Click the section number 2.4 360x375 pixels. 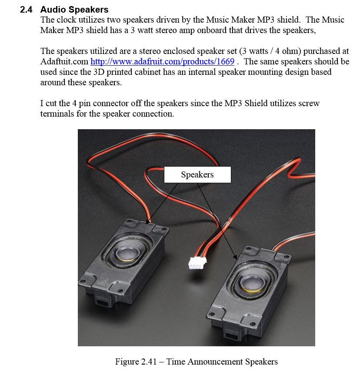(26, 10)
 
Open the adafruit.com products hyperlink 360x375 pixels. (162, 61)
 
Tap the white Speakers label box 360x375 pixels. (197, 174)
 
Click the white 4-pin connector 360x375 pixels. (197, 263)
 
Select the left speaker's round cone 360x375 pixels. (127, 253)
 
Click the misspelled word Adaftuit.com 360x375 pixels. (64, 61)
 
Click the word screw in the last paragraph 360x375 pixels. (308, 103)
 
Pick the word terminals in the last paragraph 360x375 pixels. (57, 114)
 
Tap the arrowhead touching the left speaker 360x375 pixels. (148, 221)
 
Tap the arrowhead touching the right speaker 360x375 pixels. (235, 258)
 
